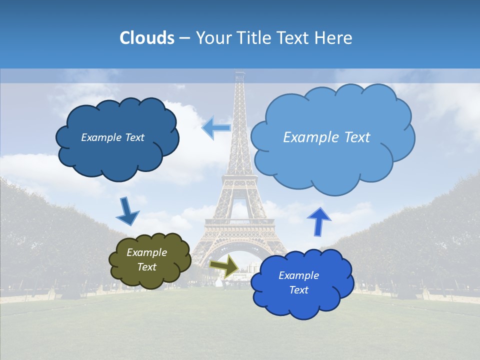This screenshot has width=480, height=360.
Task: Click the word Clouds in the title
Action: [146, 38]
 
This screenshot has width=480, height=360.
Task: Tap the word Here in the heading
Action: [334, 38]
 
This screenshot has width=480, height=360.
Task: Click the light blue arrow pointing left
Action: [216, 127]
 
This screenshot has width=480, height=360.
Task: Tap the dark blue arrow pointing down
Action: [127, 211]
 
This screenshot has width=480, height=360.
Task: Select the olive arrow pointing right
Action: [224, 265]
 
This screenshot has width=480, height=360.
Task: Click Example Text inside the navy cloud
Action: [112, 137]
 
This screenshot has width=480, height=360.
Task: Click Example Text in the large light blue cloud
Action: [326, 137]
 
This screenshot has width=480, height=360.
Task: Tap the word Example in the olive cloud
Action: [146, 252]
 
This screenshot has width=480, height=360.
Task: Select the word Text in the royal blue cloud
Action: [298, 290]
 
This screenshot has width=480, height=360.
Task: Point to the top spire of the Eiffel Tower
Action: [240, 75]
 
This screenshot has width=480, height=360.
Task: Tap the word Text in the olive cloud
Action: [146, 267]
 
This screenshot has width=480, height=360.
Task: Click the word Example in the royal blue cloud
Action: [298, 275]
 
